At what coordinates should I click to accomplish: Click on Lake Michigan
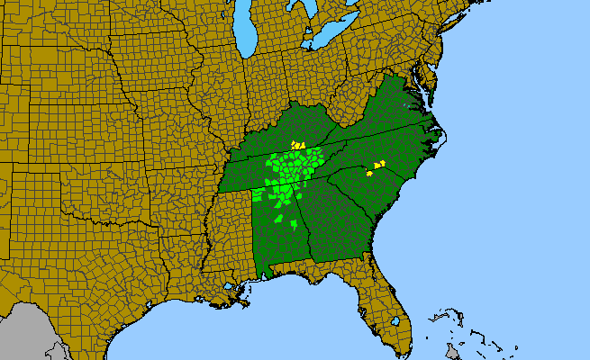(x=245, y=31)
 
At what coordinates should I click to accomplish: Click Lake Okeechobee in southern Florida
(x=394, y=319)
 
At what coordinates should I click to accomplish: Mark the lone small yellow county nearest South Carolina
(x=369, y=173)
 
